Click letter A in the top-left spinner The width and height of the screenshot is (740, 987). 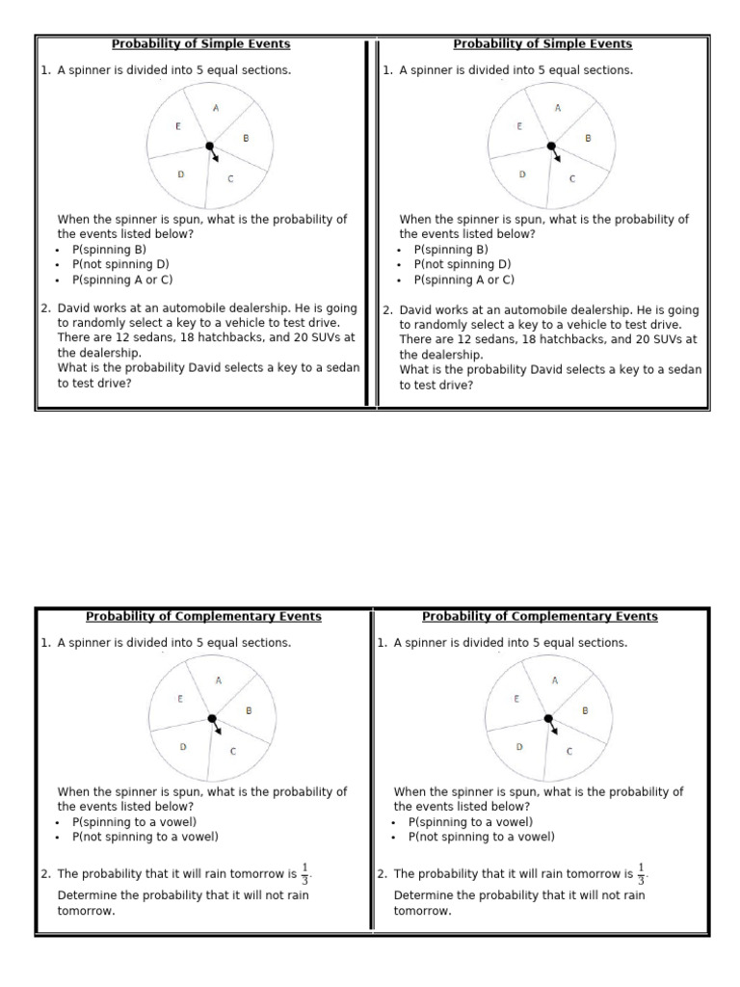click(216, 109)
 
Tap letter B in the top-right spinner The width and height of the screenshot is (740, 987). click(588, 138)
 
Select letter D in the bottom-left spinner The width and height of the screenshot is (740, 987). click(183, 746)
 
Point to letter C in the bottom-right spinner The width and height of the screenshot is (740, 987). click(568, 752)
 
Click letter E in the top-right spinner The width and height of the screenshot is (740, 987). click(519, 126)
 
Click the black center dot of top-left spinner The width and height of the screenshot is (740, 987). click(209, 146)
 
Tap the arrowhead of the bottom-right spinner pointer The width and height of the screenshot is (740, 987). click(556, 732)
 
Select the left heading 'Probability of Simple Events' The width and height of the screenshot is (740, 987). click(200, 44)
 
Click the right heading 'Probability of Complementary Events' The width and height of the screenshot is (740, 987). click(540, 617)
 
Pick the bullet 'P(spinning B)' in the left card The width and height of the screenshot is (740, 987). click(109, 249)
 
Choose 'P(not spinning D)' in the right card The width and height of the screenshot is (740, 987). click(462, 264)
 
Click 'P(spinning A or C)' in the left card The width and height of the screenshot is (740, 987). click(121, 280)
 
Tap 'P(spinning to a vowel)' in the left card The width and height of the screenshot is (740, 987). click(134, 822)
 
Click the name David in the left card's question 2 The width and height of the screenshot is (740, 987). click(74, 308)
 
